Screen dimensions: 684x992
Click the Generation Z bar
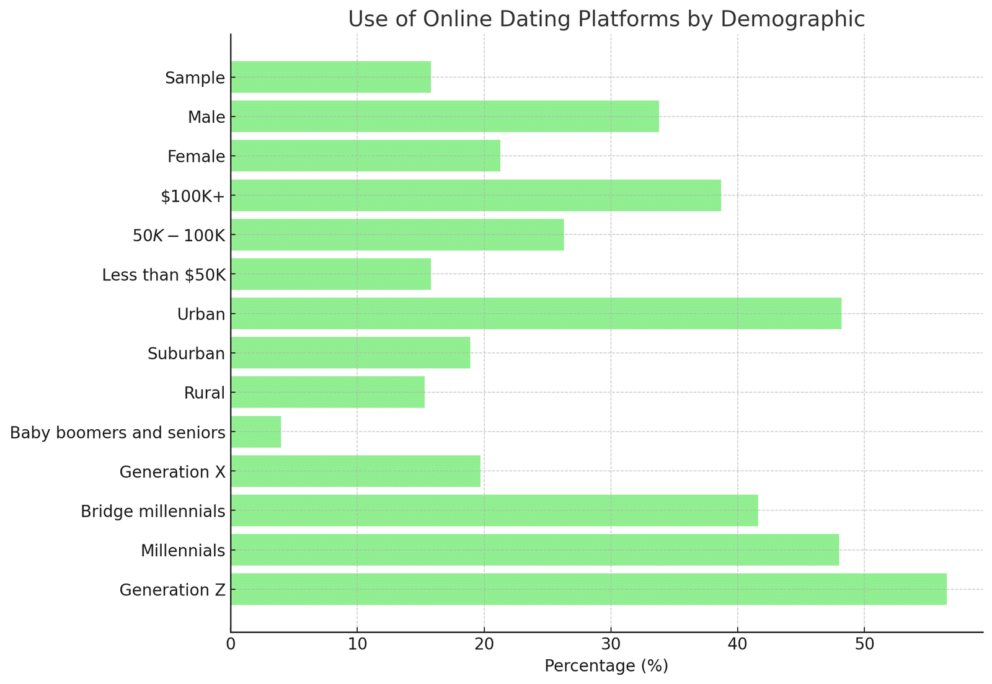588,589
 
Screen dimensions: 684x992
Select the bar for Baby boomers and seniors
255,432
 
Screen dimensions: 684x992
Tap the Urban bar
536,313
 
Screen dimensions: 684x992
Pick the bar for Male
445,116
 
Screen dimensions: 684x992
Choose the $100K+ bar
476,195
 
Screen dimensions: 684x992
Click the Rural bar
327,392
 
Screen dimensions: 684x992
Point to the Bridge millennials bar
494,510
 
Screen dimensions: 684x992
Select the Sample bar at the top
330,77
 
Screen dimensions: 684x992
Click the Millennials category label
182,550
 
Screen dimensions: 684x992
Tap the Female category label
196,156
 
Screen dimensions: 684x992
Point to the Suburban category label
186,353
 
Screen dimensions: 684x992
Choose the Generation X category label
172,472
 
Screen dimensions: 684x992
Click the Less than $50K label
163,274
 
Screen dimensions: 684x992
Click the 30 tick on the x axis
611,644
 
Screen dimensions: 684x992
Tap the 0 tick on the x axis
231,644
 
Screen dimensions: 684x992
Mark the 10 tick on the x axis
357,644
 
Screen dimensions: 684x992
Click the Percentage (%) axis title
606,666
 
